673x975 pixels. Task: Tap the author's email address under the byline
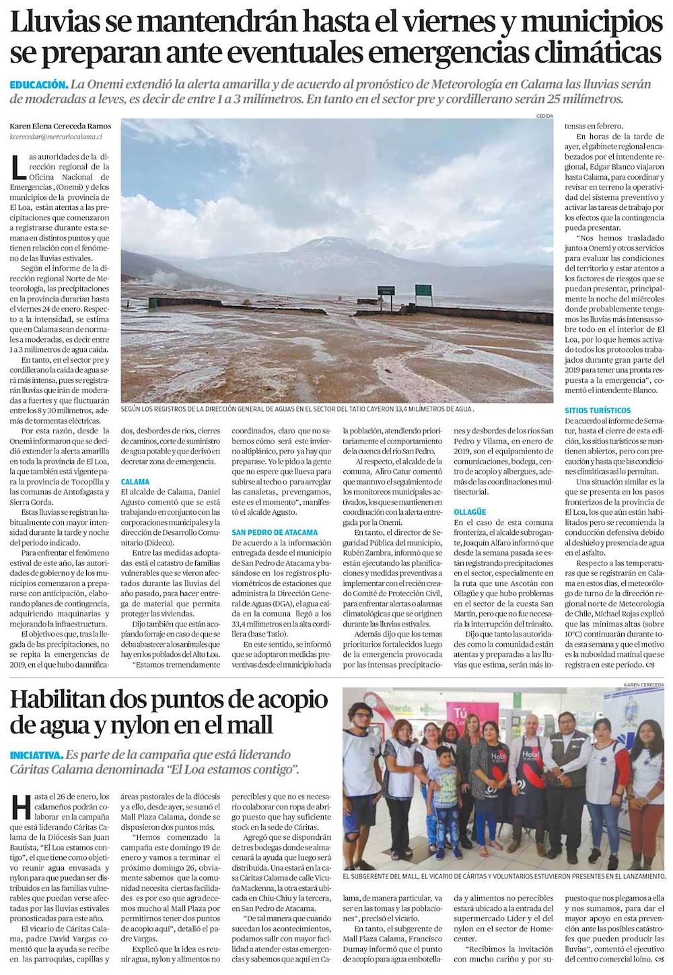56,136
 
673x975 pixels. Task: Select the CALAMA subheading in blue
135,482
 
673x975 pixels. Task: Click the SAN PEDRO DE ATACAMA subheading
275,532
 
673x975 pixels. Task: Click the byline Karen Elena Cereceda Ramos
61,126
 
